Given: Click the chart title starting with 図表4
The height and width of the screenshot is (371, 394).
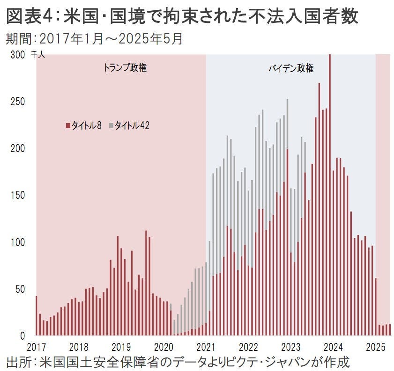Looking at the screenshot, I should pyautogui.click(x=183, y=17).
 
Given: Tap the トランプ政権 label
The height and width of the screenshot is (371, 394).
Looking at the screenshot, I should pyautogui.click(x=125, y=68).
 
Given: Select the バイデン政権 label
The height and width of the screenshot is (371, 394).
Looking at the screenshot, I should pyautogui.click(x=291, y=68).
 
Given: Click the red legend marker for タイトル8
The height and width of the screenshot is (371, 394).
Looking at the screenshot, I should pyautogui.click(x=68, y=125).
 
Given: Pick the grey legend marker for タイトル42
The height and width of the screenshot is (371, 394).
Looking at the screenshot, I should pyautogui.click(x=111, y=125).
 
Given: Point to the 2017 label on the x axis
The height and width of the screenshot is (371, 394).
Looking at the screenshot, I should pyautogui.click(x=37, y=347).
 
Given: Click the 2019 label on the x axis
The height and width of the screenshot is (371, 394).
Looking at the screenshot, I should pyautogui.click(x=121, y=347).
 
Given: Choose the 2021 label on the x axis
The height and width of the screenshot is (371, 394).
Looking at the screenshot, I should pyautogui.click(x=206, y=347).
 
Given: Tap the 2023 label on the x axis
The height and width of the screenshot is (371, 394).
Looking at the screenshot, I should pyautogui.click(x=291, y=347).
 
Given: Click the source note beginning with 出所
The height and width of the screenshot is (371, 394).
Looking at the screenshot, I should pyautogui.click(x=178, y=362).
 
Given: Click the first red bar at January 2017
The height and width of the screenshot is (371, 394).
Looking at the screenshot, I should pyautogui.click(x=36, y=316).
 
